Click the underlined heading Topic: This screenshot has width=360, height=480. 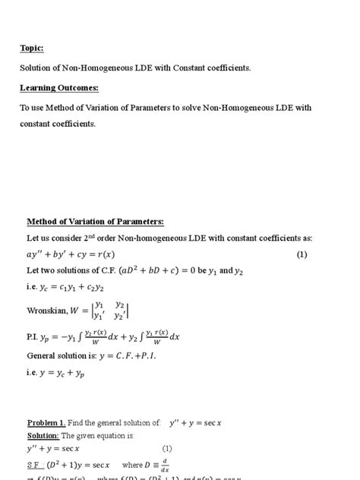(31, 49)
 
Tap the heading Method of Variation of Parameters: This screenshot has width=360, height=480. (95, 222)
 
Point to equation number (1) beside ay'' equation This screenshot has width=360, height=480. (302, 254)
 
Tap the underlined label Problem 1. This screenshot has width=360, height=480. (46, 422)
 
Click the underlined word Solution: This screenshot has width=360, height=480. (43, 435)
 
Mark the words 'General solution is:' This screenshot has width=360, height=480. (60, 355)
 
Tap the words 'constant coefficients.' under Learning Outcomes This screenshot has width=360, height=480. (58, 124)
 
